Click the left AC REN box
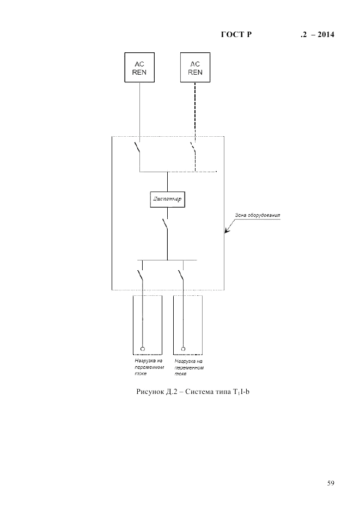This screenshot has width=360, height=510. tap(139, 67)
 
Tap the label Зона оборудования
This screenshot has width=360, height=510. tap(257, 215)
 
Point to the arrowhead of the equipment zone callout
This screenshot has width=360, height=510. tap(227, 233)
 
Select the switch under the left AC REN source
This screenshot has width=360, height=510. tap(138, 148)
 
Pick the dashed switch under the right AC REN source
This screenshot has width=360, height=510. tap(193, 148)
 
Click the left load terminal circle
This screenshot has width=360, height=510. tap(143, 348)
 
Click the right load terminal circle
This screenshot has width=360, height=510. tap(184, 348)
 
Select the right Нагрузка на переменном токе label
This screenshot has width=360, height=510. tap(189, 367)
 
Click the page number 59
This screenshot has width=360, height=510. tap(331, 483)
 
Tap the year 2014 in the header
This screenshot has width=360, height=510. tap(325, 35)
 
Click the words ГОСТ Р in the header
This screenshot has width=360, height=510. tap(236, 35)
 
